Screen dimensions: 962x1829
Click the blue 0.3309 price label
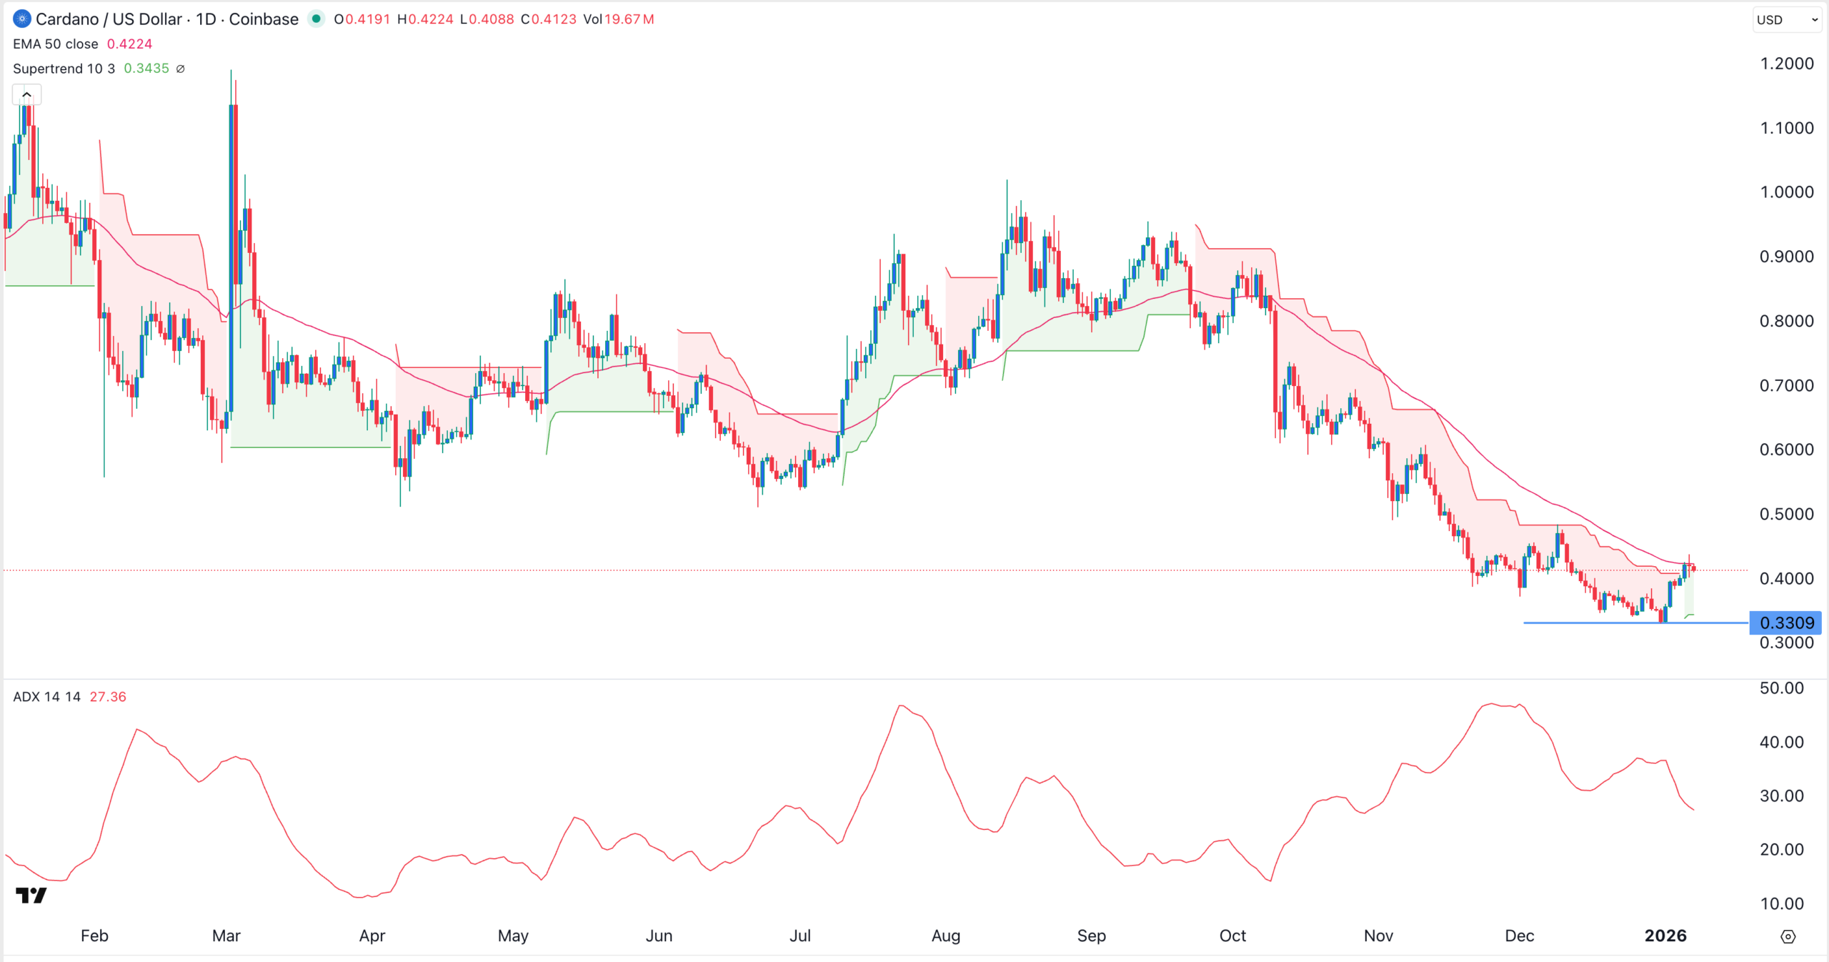(1785, 623)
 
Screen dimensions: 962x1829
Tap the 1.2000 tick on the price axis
(1786, 64)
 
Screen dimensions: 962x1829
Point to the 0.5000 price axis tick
(1786, 514)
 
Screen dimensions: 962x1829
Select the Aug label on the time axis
(945, 936)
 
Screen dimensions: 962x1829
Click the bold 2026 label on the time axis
(1665, 936)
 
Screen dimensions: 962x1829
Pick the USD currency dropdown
(1787, 20)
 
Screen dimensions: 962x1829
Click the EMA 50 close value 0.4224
(129, 44)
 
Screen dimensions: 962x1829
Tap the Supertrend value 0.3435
(146, 69)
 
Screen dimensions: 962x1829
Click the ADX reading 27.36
(108, 697)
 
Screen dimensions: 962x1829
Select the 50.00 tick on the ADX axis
(1782, 688)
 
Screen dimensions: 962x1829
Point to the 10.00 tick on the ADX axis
(1782, 903)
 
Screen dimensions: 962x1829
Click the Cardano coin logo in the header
(22, 19)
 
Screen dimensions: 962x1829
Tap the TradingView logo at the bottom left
(31, 895)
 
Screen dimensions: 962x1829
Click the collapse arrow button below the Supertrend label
(27, 94)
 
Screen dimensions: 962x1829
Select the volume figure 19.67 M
(629, 19)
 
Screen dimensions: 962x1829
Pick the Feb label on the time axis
(94, 936)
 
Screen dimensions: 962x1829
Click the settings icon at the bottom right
(1788, 936)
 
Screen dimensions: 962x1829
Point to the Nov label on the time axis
(1378, 936)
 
